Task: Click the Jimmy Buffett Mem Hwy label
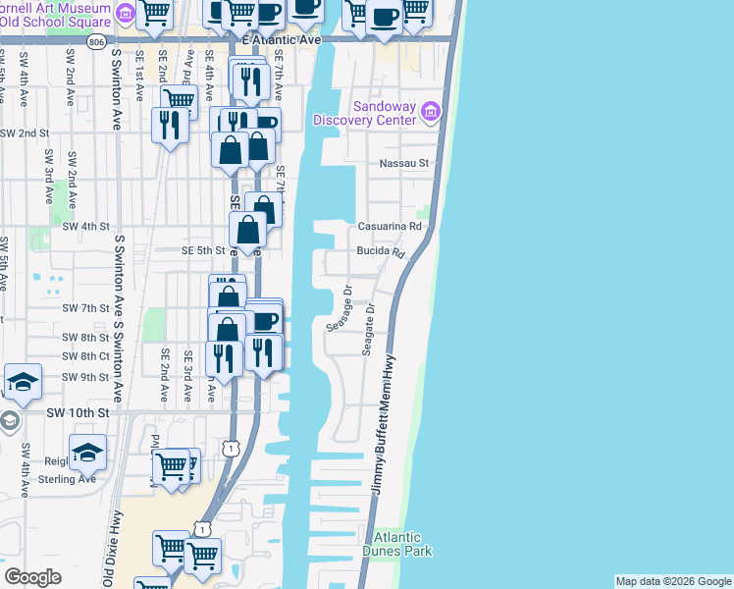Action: coord(381,422)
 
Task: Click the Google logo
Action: coord(32,577)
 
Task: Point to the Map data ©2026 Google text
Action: coord(673,581)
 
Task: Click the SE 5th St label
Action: coord(203,250)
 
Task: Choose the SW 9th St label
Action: coord(84,377)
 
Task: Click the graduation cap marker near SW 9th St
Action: coord(23,381)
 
